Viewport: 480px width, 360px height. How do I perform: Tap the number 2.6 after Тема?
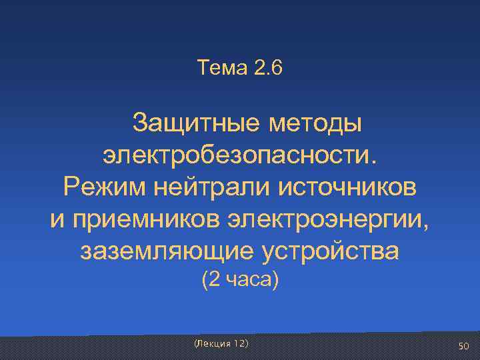coord(269,68)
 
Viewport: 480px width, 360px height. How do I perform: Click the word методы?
coord(315,123)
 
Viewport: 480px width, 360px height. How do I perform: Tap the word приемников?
coord(147,218)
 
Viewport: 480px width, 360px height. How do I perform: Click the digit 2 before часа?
coord(213,281)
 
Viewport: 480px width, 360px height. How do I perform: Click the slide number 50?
coord(464,346)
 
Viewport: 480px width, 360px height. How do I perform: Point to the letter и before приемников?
coord(57,218)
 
